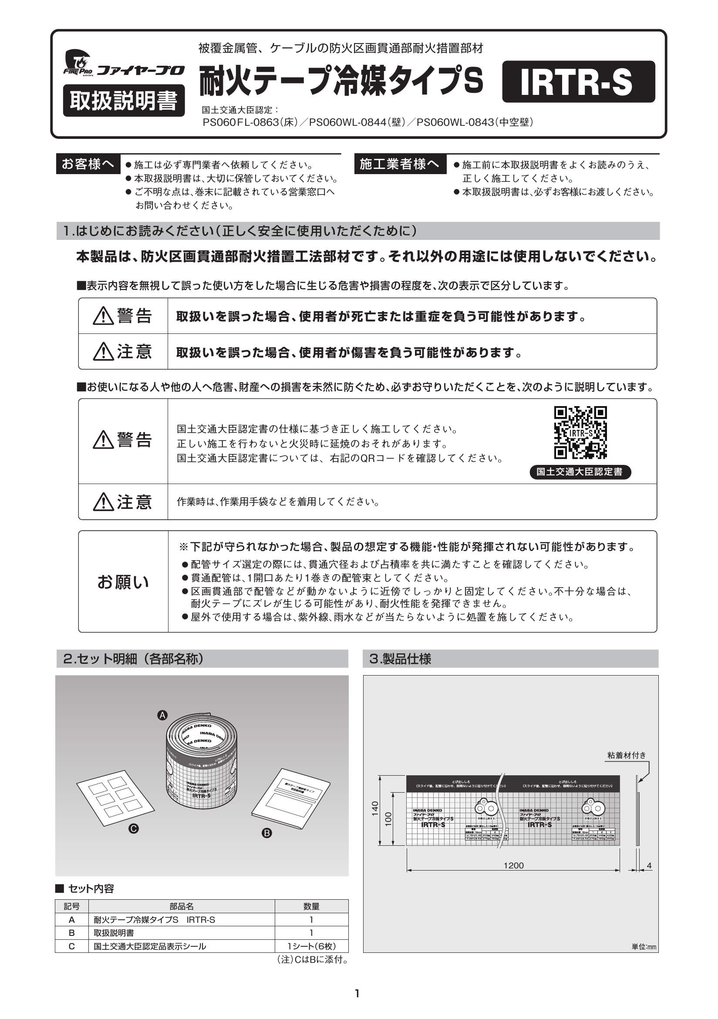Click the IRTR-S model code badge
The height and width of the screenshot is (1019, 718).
coord(578,82)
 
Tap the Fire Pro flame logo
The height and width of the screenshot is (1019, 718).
coord(78,62)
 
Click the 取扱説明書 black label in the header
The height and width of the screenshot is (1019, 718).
coord(124,101)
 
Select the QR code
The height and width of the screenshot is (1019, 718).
coord(580,433)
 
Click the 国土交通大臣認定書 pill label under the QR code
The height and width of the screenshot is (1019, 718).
coord(580,472)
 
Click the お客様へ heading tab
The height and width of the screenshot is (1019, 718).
coord(88,164)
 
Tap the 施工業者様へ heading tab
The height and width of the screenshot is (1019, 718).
coord(400,164)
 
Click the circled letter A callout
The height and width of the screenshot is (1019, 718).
coord(162,715)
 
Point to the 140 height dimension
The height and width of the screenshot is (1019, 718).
coord(375,807)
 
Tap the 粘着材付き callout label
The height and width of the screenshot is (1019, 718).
coord(627,755)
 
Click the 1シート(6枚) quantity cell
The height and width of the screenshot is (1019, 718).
coord(311,946)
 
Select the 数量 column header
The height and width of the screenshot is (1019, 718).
coord(311,906)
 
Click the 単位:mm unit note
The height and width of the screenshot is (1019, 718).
coord(644,947)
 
